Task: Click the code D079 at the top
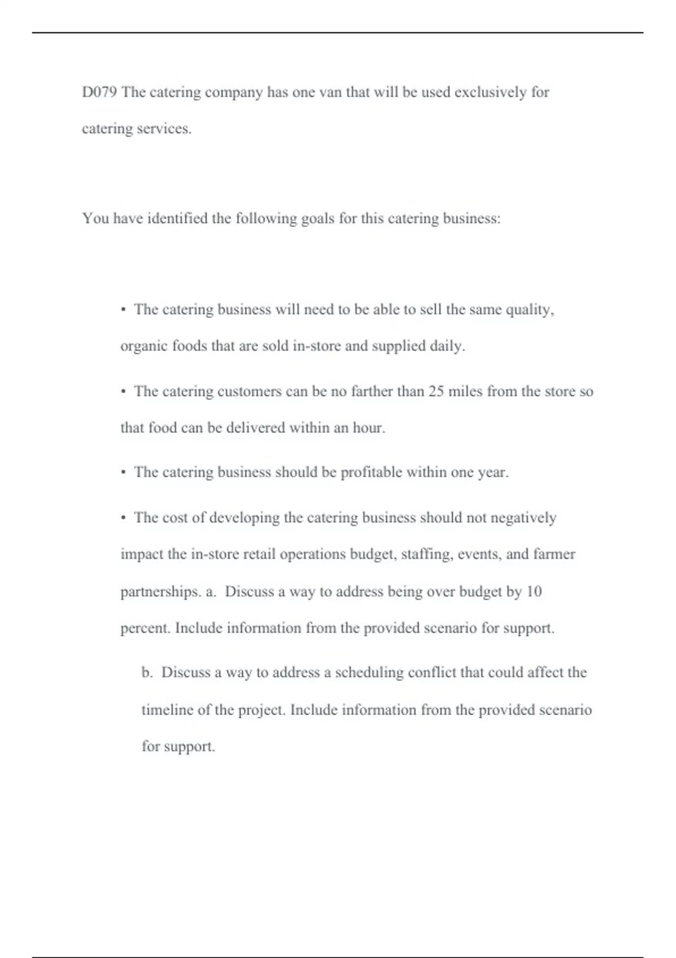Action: point(99,92)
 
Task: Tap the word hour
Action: point(368,428)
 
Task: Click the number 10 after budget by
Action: point(533,591)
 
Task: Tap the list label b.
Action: point(147,672)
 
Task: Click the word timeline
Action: point(167,709)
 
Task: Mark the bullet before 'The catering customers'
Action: point(123,392)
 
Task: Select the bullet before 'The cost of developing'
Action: point(123,518)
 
